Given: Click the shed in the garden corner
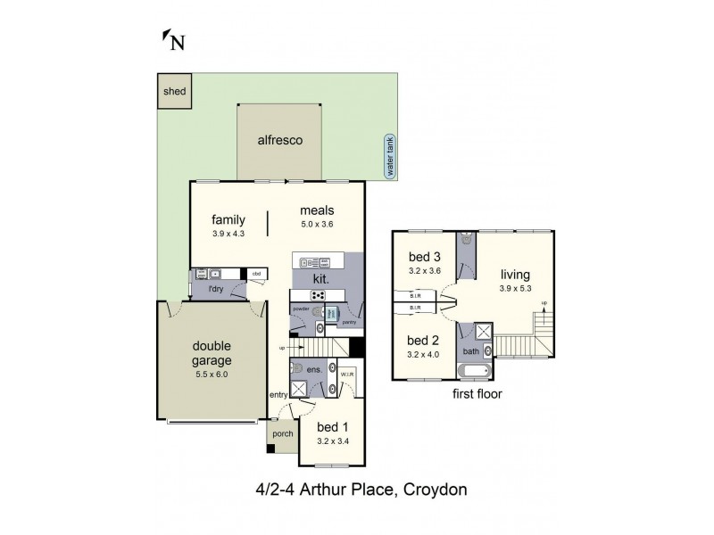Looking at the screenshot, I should coord(174,91).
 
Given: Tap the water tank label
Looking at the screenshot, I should coord(389,157).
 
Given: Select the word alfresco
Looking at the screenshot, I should coord(279,140).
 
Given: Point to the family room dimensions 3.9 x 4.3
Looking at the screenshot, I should coord(228,234).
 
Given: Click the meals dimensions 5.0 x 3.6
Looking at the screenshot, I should coord(317,225).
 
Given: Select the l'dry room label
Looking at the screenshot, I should coord(215,289).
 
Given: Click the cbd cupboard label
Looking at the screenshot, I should coord(255,273).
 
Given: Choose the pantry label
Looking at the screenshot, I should coord(349,322).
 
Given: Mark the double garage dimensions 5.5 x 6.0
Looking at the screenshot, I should coord(212,374).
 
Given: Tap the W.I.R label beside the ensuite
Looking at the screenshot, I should coord(347,374).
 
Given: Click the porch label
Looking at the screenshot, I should coord(282,434).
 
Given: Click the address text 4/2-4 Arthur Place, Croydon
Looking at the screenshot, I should coord(356,489).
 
